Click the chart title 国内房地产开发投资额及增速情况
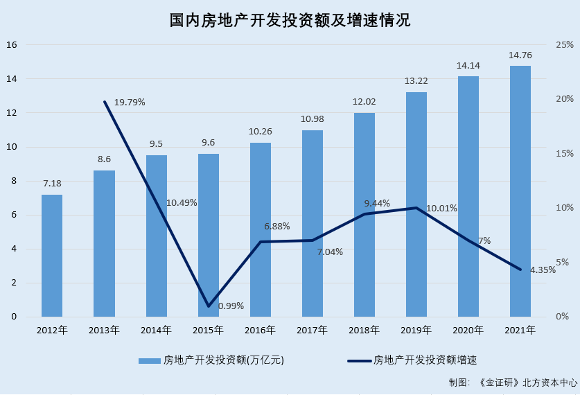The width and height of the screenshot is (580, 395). [290, 20]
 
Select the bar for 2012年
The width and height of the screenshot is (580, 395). [52, 256]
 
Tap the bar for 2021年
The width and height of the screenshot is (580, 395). [520, 191]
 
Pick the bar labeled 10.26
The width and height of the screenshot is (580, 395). [261, 229]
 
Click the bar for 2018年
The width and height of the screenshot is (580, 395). [364, 215]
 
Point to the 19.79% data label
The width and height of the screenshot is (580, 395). [130, 103]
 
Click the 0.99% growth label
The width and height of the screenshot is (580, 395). [231, 306]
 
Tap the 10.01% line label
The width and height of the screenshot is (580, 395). [441, 208]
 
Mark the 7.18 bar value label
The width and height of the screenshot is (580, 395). [52, 184]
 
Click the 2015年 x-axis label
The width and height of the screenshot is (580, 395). [208, 331]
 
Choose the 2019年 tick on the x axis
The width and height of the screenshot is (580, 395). [416, 331]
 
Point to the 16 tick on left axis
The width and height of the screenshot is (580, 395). [11, 45]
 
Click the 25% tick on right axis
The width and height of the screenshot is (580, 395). [565, 45]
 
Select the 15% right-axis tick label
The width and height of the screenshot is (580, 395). [565, 154]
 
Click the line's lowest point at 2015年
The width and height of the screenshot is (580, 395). [209, 306]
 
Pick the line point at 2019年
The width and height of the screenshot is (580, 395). [416, 208]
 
